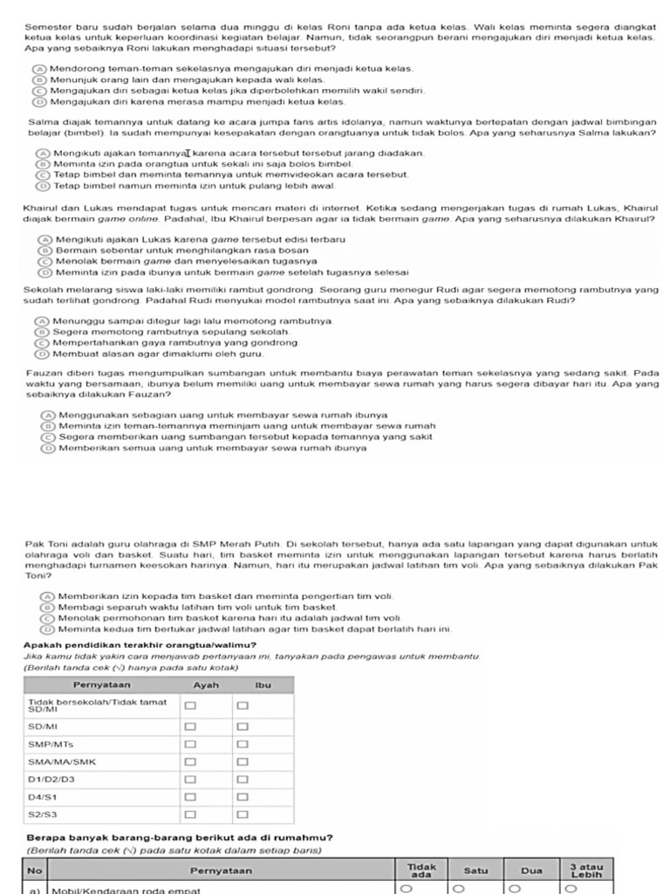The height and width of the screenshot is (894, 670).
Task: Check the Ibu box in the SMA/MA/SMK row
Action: click(x=243, y=761)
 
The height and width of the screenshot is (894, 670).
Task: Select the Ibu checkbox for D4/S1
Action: click(x=243, y=797)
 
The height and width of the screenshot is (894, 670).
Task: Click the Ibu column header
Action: click(x=263, y=685)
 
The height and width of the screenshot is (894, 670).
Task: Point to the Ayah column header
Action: click(x=206, y=685)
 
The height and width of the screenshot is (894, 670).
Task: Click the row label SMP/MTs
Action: click(x=51, y=744)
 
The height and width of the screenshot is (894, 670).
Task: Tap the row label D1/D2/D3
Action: click(x=52, y=779)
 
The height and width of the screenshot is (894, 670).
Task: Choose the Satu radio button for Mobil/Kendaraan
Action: click(x=455, y=889)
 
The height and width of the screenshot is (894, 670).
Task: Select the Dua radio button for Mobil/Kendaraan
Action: click(x=514, y=889)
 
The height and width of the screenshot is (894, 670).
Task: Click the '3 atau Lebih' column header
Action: click(x=586, y=870)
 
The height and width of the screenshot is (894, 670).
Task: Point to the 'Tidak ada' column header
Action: click(x=422, y=870)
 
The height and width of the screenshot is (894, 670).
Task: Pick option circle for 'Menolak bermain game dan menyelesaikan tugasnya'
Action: click(x=44, y=261)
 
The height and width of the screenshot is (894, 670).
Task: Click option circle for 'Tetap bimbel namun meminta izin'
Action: click(x=43, y=186)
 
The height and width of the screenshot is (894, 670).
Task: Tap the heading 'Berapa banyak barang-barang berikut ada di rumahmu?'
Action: click(x=179, y=838)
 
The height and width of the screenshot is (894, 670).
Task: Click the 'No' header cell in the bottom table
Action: click(x=34, y=870)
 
